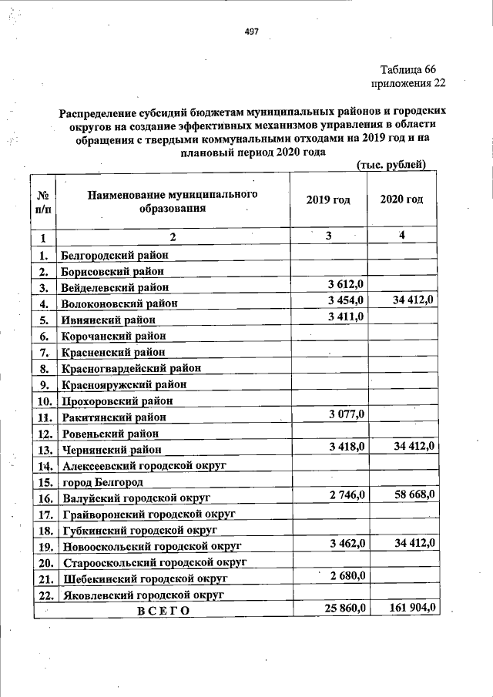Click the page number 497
[x=251, y=32]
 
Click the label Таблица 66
[x=413, y=70]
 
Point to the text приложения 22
[x=407, y=83]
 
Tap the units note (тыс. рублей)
[x=391, y=163]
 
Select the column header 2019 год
[x=327, y=200]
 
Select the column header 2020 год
[x=401, y=200]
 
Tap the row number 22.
[x=45, y=595]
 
